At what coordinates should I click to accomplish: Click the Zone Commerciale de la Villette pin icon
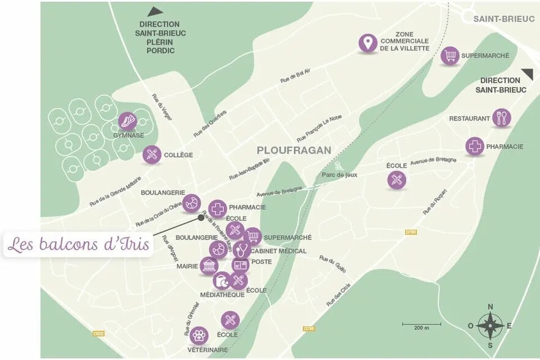[x=367, y=43]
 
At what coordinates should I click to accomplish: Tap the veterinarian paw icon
[x=198, y=335]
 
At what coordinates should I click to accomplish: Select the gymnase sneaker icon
[x=127, y=121]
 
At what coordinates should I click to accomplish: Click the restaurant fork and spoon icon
[x=501, y=118]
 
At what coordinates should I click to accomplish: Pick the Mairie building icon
[x=208, y=266]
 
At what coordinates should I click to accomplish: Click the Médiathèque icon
[x=221, y=281]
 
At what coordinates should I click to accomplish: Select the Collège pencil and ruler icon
[x=152, y=155]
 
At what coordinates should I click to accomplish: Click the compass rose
[x=490, y=325]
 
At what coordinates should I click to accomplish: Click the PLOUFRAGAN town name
[x=294, y=150]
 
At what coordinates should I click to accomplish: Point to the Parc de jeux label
[x=339, y=174]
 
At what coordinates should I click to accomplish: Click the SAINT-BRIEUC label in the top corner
[x=495, y=19]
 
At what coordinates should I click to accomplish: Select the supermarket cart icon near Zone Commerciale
[x=450, y=56]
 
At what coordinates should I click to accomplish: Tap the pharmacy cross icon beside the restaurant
[x=474, y=146]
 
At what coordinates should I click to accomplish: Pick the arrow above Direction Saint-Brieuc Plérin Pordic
[x=156, y=11]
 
